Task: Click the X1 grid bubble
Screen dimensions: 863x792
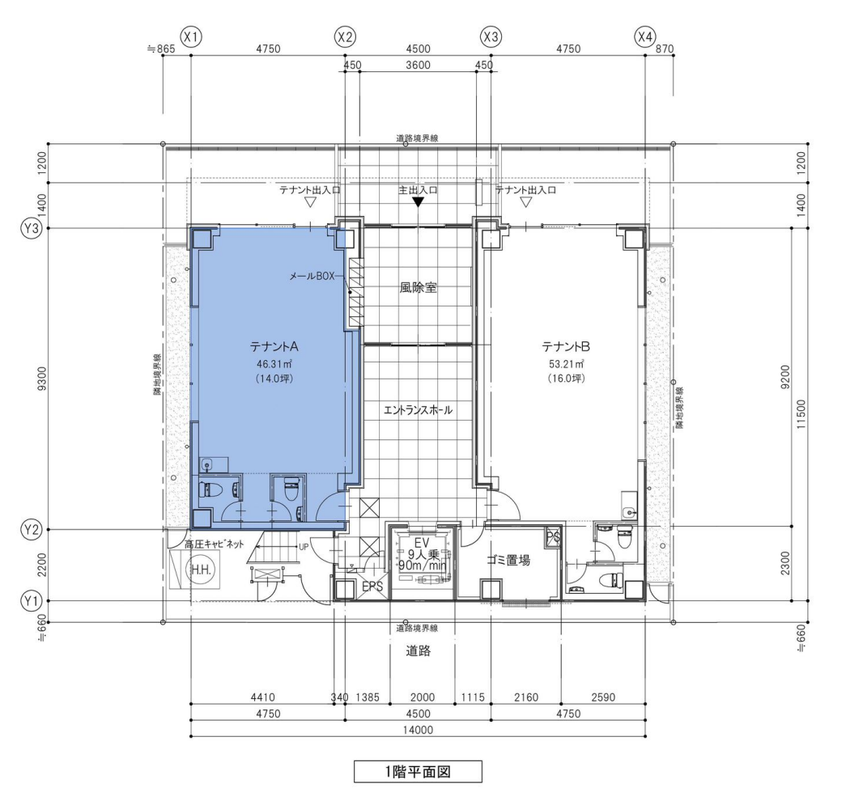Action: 191,37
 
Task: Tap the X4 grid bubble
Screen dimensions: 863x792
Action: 645,37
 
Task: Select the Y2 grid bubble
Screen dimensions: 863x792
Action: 32,530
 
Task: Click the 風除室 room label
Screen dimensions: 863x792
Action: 419,288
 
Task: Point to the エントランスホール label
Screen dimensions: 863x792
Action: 419,410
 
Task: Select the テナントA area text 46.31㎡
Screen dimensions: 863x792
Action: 274,363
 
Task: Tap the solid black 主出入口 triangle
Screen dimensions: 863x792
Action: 418,202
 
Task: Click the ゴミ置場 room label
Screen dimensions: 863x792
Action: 508,561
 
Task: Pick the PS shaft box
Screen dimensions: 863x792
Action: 553,537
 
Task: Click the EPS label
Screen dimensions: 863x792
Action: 372,587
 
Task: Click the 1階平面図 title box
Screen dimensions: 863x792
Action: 418,772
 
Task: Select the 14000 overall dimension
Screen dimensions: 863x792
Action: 418,730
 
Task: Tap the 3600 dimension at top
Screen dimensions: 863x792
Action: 418,65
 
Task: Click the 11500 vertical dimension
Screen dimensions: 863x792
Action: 801,414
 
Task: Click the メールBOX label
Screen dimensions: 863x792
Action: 312,276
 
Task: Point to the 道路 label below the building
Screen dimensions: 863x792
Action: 419,651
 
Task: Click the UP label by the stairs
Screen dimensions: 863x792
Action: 304,547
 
